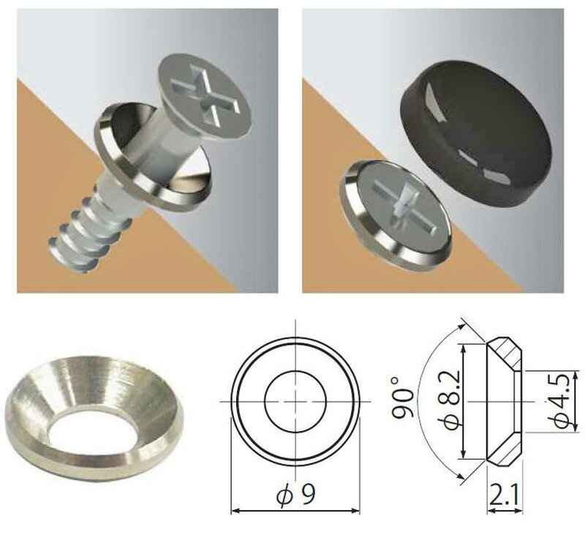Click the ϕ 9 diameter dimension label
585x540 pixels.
pos(296,495)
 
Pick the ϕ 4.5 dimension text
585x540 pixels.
pos(561,401)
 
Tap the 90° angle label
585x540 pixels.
pos(403,402)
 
